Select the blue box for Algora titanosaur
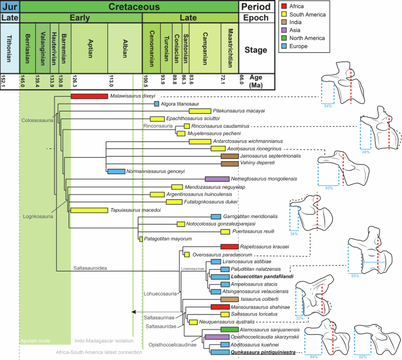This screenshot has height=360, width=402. [x=157, y=104]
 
